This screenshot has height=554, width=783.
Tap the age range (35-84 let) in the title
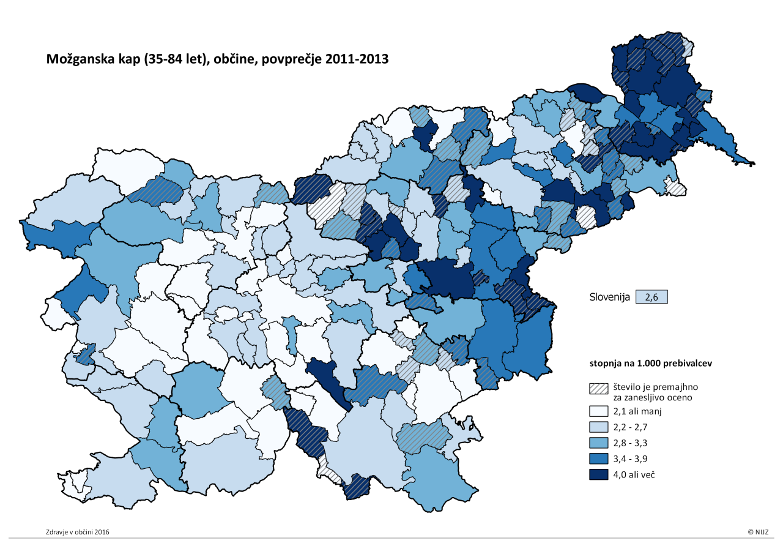click(x=169, y=59)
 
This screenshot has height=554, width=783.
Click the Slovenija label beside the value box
click(x=610, y=297)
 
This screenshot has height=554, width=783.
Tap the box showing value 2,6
click(x=651, y=297)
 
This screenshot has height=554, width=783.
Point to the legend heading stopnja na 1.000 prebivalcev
click(x=650, y=363)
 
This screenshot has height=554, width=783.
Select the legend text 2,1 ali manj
click(x=637, y=411)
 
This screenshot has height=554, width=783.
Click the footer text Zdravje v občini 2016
click(x=78, y=532)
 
